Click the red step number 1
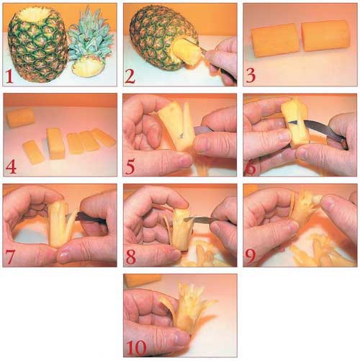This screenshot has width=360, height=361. pyautogui.click(x=9, y=76)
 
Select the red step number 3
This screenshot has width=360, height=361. pyautogui.click(x=251, y=76)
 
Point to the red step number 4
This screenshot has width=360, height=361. pyautogui.click(x=11, y=166)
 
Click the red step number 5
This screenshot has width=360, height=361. pyautogui.click(x=130, y=166)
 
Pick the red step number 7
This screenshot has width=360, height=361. pyautogui.click(x=9, y=257)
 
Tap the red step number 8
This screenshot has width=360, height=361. pyautogui.click(x=131, y=257)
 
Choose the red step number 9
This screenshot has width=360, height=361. pyautogui.click(x=250, y=257)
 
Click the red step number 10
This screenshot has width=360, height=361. pyautogui.click(x=136, y=348)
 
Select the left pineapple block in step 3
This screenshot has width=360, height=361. pyautogui.click(x=275, y=40)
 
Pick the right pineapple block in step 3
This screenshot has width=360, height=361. pyautogui.click(x=326, y=36)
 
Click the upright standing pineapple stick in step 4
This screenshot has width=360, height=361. pyautogui.click(x=56, y=143)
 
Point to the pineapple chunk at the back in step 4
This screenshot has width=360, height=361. pyautogui.click(x=20, y=117)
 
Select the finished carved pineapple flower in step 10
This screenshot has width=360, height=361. pyautogui.click(x=188, y=307)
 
